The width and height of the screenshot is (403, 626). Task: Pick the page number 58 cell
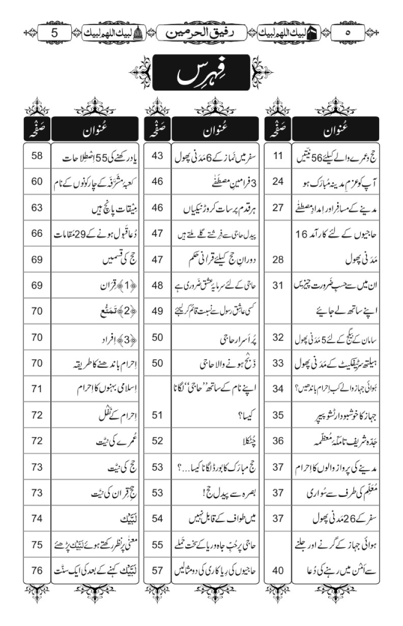pyautogui.click(x=37, y=156)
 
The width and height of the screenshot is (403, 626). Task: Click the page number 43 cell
pyautogui.click(x=157, y=156)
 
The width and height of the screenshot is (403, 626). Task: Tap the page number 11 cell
pyautogui.click(x=277, y=156)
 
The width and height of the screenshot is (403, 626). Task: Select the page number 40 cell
pyautogui.click(x=277, y=570)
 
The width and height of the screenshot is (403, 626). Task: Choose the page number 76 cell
pyautogui.click(x=37, y=570)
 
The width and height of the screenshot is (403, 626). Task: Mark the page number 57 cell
pyautogui.click(x=157, y=570)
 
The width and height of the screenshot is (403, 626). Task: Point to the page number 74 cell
pyautogui.click(x=37, y=518)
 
